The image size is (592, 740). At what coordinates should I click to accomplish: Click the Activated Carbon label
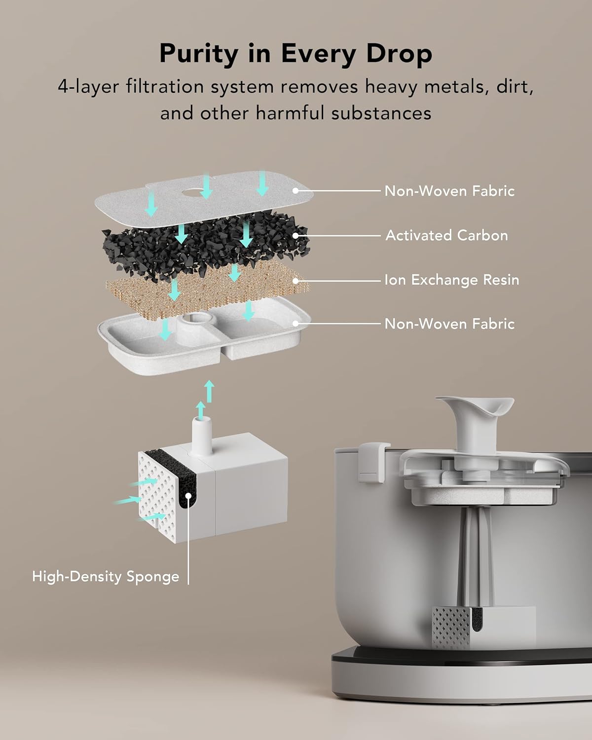446,235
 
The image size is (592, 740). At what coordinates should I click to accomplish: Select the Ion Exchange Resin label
451,280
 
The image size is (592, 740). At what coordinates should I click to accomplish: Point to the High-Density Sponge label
106,576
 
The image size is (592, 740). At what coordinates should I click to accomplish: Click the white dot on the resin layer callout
296,280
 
